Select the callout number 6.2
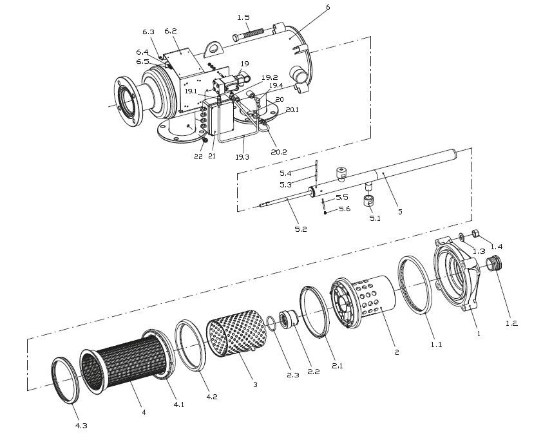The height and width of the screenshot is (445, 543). [171, 30]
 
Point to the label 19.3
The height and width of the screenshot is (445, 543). [242, 156]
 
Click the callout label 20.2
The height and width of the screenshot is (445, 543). [280, 151]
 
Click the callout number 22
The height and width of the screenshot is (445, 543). [198, 156]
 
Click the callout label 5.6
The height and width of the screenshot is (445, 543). [345, 209]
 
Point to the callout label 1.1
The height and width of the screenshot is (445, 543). [436, 345]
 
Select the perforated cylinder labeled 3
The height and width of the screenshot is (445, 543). [233, 334]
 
